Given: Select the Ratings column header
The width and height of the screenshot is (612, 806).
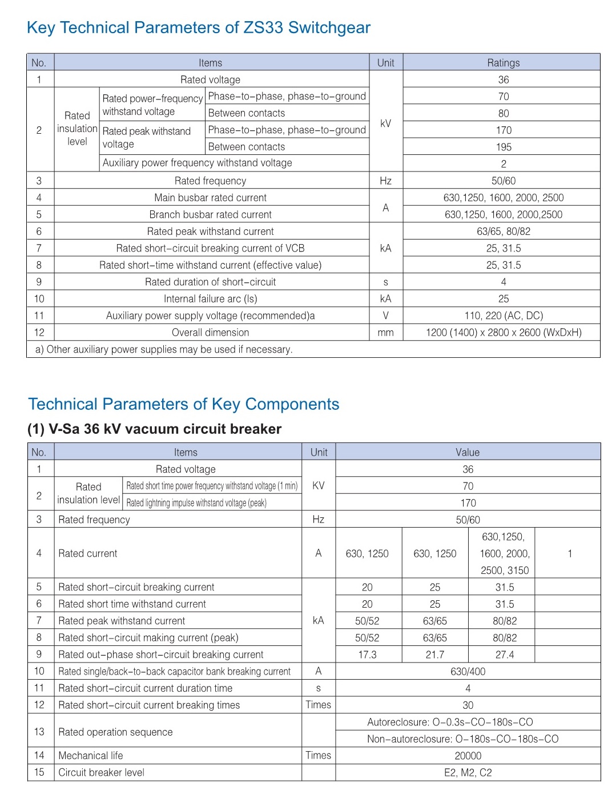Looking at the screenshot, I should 503,63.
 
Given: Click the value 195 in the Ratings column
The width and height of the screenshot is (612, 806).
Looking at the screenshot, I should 503,147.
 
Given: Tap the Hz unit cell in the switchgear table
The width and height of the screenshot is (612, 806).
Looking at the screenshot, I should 385,181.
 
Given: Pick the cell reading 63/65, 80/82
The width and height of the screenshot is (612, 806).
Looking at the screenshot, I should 503,232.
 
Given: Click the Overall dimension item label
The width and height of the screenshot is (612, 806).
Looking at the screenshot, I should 210,333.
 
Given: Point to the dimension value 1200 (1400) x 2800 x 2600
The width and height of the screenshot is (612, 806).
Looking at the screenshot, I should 503,333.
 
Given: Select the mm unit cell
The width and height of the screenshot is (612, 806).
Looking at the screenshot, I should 385,333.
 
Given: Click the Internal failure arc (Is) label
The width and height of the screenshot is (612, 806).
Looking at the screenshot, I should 210,299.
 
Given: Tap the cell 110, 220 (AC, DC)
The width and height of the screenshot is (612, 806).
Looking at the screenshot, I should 503,316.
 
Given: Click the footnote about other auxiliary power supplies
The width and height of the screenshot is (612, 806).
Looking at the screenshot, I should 164,349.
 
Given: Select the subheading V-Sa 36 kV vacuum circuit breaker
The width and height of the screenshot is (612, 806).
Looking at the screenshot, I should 154,429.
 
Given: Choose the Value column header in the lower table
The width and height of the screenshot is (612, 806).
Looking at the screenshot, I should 468,452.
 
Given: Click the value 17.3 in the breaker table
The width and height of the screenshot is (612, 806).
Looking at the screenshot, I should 367,655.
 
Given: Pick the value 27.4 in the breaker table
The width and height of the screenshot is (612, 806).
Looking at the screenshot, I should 504,655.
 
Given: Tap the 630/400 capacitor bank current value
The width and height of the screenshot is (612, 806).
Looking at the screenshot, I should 468,672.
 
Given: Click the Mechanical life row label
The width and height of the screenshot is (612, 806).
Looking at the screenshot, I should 91,756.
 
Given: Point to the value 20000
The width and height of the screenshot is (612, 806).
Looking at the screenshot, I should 468,756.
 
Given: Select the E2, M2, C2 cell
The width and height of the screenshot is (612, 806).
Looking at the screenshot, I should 468,773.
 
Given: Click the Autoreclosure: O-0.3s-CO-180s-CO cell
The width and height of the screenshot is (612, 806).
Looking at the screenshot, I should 450,722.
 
